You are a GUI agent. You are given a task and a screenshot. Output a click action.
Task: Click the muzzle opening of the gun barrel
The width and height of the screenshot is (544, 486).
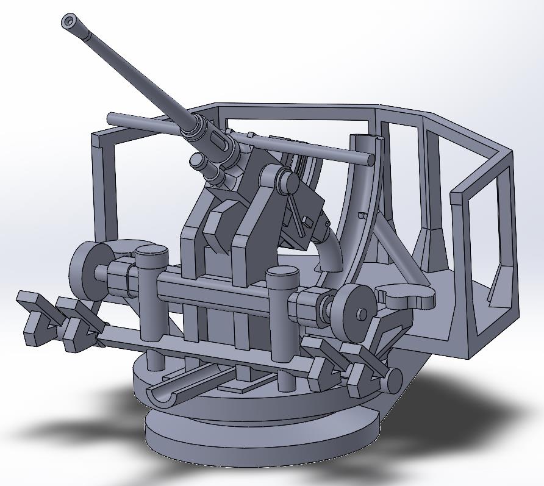point(69,22)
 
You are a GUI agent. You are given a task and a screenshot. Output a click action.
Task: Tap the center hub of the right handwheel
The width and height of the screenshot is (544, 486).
point(361,314)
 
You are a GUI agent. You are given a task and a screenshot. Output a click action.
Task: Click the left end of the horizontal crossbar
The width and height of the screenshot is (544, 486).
point(112,117)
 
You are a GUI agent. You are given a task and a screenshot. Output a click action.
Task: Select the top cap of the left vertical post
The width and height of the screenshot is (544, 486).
point(151,251)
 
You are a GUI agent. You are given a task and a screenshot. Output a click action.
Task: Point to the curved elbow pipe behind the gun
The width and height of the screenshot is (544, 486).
point(332,250)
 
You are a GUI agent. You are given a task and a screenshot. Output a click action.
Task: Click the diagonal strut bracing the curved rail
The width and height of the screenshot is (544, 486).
point(396,250)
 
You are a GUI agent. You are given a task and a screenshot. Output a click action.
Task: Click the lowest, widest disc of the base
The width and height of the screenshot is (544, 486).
point(262,445)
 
